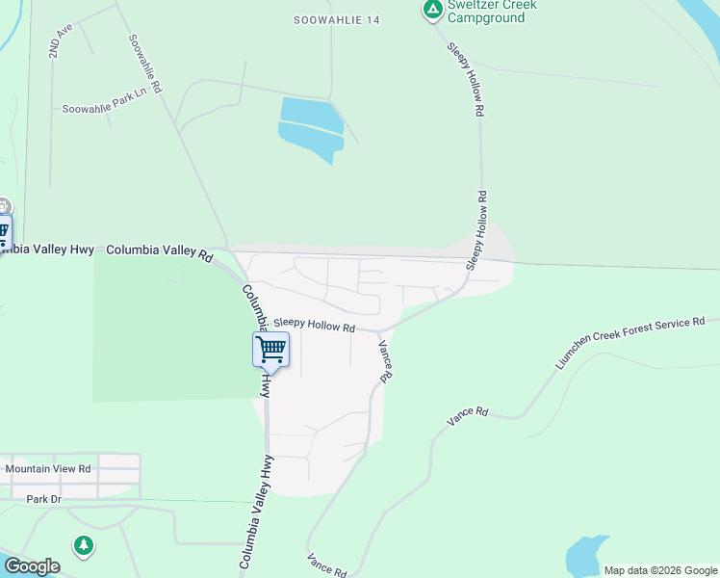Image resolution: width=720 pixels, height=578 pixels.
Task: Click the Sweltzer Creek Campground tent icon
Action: tap(433, 10)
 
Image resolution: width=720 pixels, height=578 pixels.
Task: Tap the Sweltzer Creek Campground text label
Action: tap(491, 12)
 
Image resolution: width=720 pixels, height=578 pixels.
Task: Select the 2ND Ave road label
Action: tap(62, 40)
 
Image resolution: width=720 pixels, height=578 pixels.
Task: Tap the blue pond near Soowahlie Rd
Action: tap(310, 127)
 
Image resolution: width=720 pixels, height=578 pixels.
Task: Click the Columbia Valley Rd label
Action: tap(159, 250)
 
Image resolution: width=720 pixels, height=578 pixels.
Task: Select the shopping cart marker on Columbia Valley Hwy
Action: tap(270, 349)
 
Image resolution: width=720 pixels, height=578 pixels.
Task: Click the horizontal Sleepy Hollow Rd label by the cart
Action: tap(314, 326)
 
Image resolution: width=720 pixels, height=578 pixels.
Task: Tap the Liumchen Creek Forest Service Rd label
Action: tap(630, 343)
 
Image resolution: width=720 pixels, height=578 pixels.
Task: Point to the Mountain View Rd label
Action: tap(48, 469)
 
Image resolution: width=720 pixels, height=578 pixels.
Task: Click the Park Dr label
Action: tap(43, 499)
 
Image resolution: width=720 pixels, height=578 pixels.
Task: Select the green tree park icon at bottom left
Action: tap(85, 546)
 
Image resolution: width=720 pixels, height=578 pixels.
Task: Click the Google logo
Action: tap(32, 566)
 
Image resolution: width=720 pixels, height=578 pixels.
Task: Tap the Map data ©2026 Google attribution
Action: tap(660, 570)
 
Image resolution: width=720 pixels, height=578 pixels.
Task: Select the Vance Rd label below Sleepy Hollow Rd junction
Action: tap(386, 361)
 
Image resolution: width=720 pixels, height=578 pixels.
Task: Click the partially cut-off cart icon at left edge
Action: tap(4, 231)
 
